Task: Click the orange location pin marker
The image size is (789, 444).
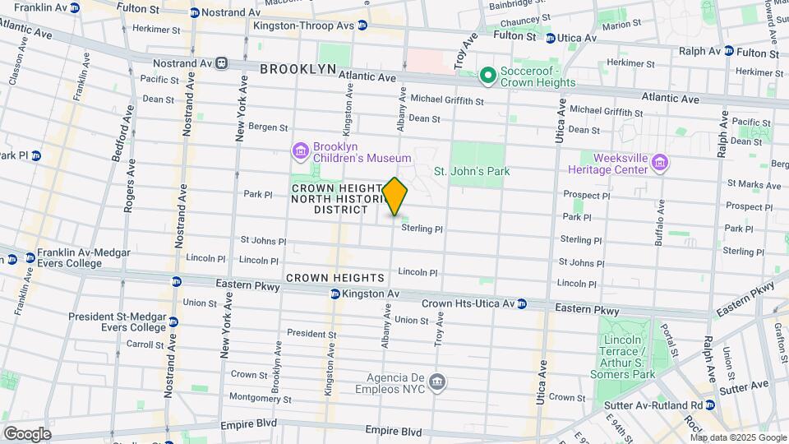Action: (x=395, y=197)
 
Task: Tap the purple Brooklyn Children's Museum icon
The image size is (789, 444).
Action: (x=299, y=151)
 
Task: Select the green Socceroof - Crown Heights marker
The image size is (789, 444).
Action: (x=487, y=76)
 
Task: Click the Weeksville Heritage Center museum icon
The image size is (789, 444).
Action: (x=659, y=163)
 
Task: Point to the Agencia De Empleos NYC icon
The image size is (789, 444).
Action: (x=438, y=382)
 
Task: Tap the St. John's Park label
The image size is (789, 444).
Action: (x=472, y=171)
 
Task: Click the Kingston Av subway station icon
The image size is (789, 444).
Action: (x=335, y=294)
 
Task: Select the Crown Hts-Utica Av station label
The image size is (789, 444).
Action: (x=468, y=303)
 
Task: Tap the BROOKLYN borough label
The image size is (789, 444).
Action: (x=297, y=69)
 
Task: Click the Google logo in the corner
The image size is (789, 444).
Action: (x=26, y=433)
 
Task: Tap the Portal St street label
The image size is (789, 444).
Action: (x=667, y=339)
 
